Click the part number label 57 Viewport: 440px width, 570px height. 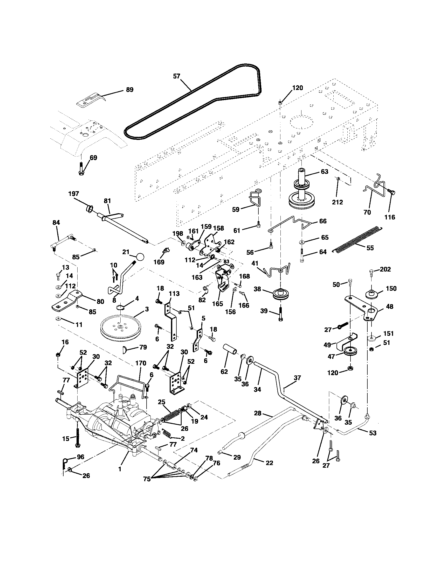177,76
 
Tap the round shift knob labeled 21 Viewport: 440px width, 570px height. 140,257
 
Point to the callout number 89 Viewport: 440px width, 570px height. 129,90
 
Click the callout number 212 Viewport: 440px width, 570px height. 337,202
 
